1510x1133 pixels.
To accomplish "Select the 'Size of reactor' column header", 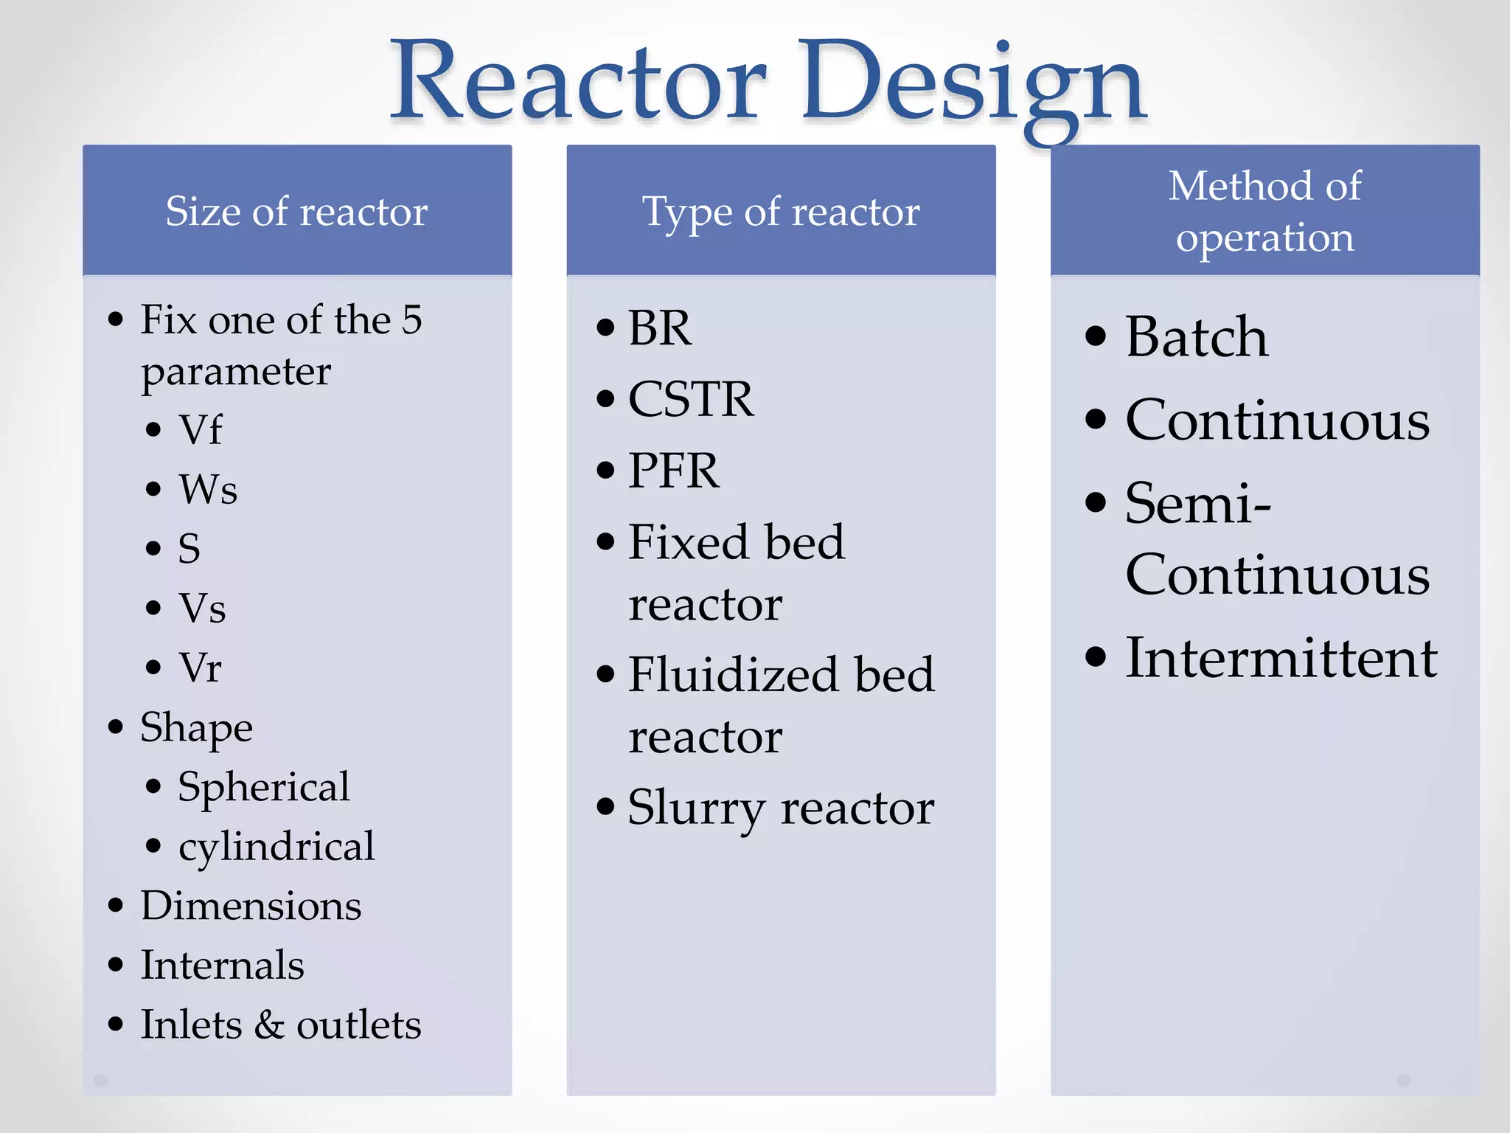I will click(296, 212).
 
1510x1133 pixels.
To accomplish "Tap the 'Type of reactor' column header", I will click(781, 212).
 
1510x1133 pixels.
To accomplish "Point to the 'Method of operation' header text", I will click(1264, 211).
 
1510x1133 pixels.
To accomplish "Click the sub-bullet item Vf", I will click(200, 430).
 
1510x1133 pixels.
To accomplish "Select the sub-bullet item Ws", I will click(208, 489).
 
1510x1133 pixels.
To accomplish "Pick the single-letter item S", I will click(189, 549).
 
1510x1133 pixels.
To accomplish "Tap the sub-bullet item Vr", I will click(200, 668).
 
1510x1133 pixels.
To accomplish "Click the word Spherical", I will click(263, 787).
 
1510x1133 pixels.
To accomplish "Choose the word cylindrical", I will click(276, 847).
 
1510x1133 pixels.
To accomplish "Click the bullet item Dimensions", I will click(251, 906).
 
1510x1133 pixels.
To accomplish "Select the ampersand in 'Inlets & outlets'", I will click(269, 1025).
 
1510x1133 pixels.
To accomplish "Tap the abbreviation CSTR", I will click(691, 399).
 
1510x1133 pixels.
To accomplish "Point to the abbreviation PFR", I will click(673, 471).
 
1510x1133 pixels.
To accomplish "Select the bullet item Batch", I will click(1197, 337).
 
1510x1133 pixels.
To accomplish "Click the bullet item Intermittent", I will click(1281, 657).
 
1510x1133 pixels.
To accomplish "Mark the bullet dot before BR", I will click(605, 328).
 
